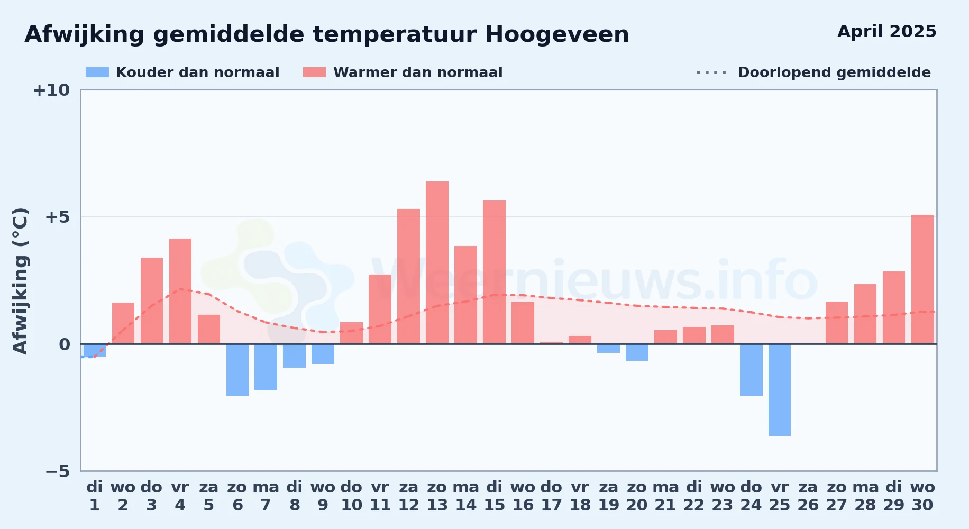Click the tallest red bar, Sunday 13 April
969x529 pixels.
pos(437,262)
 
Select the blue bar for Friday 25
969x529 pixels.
pos(780,390)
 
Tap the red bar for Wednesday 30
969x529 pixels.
pos(922,279)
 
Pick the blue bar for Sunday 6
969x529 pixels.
pos(237,370)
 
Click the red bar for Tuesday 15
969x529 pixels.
pos(494,272)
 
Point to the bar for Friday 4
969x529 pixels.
pos(180,291)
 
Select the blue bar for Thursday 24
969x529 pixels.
pos(751,370)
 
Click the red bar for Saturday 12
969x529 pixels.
pos(408,276)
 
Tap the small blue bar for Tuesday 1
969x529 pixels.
pos(95,350)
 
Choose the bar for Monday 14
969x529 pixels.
pos(465,295)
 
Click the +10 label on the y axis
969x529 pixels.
pos(51,90)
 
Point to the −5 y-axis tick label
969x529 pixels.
pos(58,471)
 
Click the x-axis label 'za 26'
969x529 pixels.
pos(808,496)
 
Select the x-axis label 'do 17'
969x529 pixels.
pos(551,496)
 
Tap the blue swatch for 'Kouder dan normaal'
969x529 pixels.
pos(97,72)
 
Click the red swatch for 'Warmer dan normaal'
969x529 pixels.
pos(314,72)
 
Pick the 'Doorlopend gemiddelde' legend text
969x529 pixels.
pos(834,72)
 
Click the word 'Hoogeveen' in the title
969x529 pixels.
pos(557,35)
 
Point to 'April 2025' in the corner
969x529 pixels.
pos(887,32)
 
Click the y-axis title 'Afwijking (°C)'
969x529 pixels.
pos(20,281)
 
